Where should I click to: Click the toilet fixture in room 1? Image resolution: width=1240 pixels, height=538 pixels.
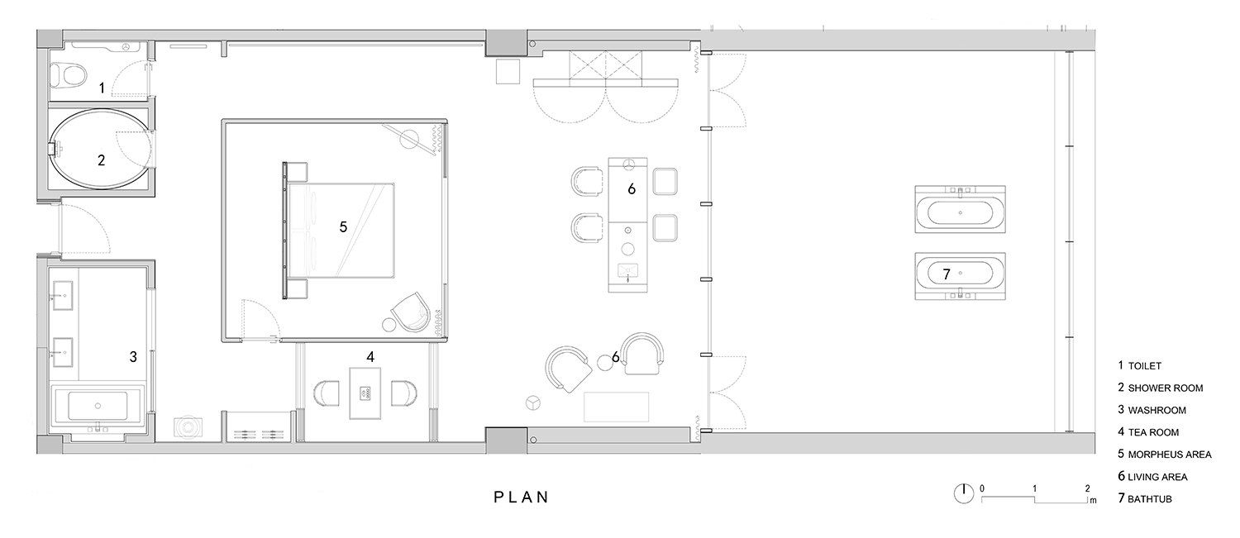point(68,75)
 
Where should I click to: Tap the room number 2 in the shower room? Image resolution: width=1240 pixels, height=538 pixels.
point(102,160)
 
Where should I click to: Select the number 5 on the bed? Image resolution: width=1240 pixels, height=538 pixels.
point(343,227)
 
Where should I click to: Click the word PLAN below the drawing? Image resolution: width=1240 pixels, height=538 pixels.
point(521,497)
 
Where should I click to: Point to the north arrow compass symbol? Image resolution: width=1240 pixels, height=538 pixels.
point(964,493)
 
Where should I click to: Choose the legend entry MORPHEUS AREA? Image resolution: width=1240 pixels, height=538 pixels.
point(1170,455)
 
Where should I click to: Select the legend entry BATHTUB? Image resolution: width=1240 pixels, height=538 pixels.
point(1150,498)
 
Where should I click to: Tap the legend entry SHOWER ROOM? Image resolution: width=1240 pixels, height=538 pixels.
point(1166,388)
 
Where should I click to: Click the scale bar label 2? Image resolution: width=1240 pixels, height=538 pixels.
point(1088,488)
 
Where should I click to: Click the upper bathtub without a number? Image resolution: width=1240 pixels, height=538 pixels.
point(961,210)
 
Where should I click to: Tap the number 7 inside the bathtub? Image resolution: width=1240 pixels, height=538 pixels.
point(947,274)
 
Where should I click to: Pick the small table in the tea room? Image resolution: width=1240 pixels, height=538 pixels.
point(365,393)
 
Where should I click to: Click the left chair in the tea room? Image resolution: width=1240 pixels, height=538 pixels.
point(327,393)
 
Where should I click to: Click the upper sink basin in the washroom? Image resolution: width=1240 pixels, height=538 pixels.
point(63,296)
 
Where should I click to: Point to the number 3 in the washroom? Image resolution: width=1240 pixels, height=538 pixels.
point(133,357)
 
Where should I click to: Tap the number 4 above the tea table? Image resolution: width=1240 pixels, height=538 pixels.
point(370,357)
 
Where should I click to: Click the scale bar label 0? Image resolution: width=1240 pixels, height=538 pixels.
point(982,488)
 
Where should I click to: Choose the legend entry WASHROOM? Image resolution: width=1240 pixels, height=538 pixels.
point(1157,410)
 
